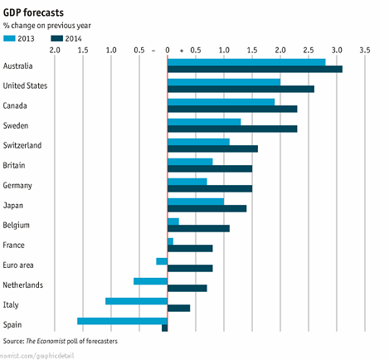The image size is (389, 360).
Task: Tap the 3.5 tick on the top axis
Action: [x=364, y=51]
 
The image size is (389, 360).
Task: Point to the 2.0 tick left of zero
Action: [x=55, y=51]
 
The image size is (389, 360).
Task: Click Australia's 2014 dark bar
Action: [x=255, y=69]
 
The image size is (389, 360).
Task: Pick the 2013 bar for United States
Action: [x=224, y=82]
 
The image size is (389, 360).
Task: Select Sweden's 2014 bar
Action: [x=232, y=129]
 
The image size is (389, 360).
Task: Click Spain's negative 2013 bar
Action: [x=123, y=320]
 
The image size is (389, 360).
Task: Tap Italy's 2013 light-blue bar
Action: [x=137, y=300]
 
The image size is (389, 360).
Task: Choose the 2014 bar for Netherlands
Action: [x=187, y=288]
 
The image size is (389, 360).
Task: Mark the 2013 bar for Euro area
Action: [x=162, y=261]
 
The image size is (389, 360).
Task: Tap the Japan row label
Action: [x=14, y=205]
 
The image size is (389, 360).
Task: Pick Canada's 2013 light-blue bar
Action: [x=221, y=102]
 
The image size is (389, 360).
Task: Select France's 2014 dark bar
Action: [x=190, y=248]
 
